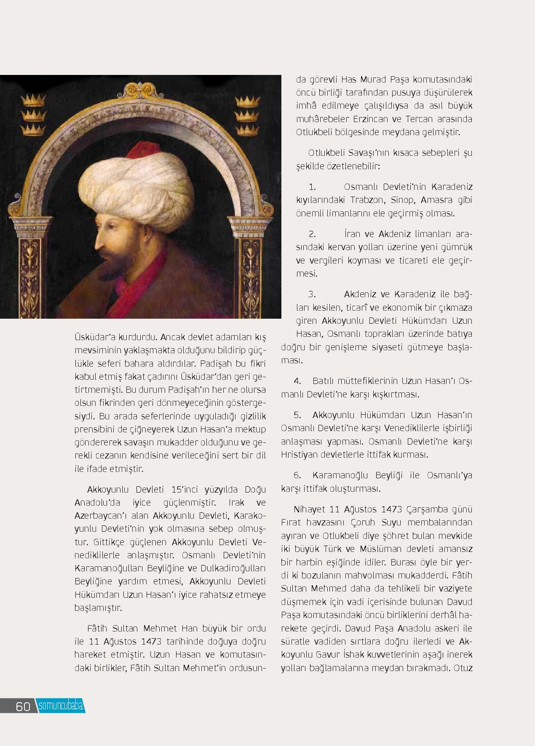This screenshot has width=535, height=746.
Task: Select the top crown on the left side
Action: pos(33,100)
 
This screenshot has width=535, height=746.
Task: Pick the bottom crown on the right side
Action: pos(246,131)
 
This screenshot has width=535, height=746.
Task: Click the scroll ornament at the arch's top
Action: pos(141,89)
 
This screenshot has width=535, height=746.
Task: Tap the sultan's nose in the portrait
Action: pos(98,242)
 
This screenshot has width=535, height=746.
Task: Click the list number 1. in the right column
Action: pos(312,187)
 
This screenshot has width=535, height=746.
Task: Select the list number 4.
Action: pos(297,381)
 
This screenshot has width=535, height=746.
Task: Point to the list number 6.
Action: pos(297,475)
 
